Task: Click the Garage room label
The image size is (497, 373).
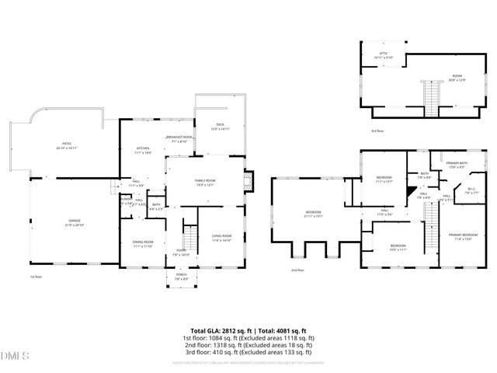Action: pos(74,222)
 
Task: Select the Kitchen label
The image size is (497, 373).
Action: pos(143,151)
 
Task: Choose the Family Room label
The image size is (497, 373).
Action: pos(204,182)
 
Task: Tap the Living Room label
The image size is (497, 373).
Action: pos(222,238)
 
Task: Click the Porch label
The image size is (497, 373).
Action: pos(181,277)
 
